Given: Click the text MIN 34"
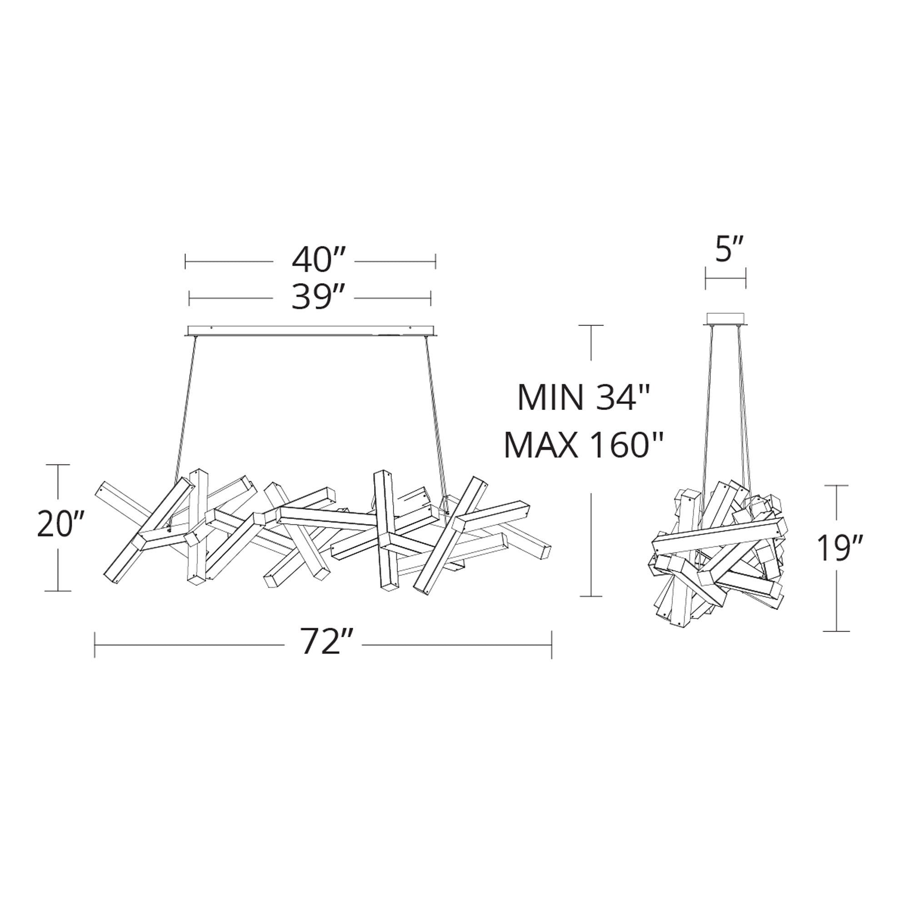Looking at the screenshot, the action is [584, 398].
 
